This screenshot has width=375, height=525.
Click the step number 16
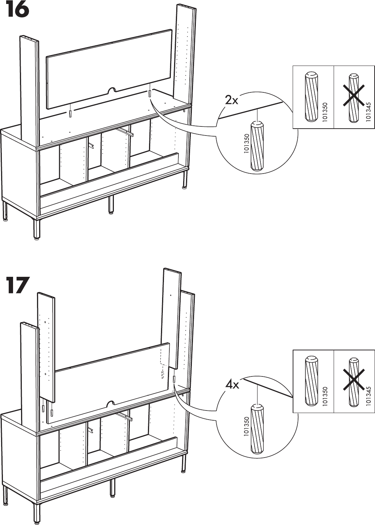(17, 11)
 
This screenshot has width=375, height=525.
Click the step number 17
(17, 286)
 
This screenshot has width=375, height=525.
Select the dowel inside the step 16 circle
(257, 146)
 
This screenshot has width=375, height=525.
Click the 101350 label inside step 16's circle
(247, 144)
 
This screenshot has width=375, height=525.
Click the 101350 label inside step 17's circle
(247, 427)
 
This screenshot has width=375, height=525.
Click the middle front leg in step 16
(111, 205)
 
